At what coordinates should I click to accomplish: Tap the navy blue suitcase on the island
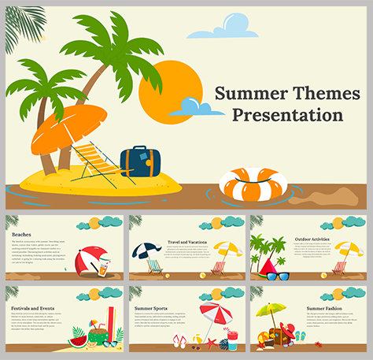click(x=141, y=161)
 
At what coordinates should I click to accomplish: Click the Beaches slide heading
click(x=23, y=234)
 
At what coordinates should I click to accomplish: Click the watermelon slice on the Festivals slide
click(x=78, y=340)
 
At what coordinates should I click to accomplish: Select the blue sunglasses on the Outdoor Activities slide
click(x=279, y=276)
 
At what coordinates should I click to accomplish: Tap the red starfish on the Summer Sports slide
click(x=211, y=343)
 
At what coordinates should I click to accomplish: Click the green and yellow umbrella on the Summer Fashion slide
click(x=272, y=312)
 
